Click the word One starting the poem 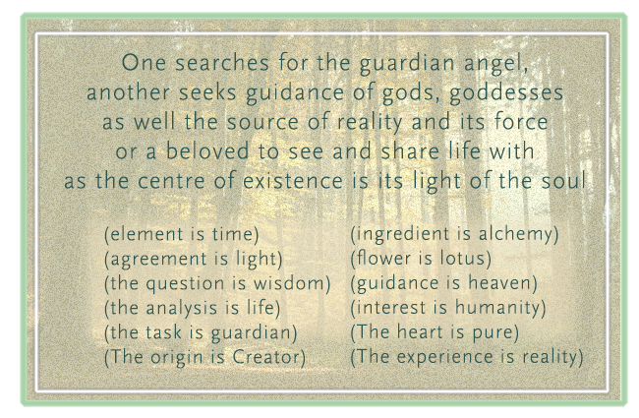click(144, 63)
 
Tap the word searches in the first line click(222, 63)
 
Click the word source click(262, 122)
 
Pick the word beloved click(207, 150)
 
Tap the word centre click(171, 181)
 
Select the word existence click(293, 181)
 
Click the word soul click(563, 180)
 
